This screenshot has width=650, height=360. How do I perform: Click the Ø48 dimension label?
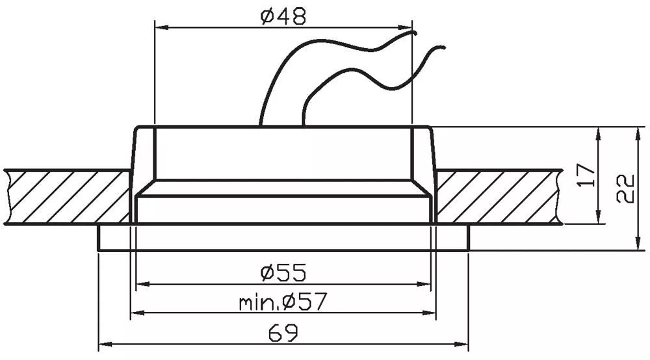(x=283, y=17)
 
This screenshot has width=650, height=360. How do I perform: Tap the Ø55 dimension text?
(x=283, y=272)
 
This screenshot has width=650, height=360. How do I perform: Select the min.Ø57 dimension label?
(x=283, y=302)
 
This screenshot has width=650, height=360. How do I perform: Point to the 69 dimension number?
(x=283, y=333)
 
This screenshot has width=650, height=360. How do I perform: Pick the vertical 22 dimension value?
(x=625, y=188)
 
